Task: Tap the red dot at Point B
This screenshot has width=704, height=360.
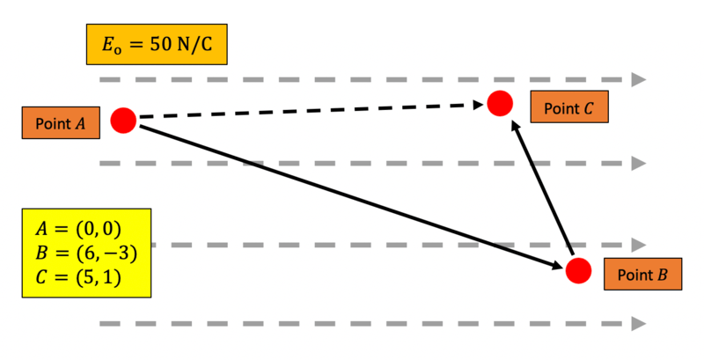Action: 578,270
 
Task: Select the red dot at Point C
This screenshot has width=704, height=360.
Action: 500,104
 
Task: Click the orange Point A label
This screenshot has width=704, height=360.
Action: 60,123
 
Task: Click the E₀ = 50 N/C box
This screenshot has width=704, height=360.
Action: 157,44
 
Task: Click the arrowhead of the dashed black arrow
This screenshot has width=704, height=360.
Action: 480,105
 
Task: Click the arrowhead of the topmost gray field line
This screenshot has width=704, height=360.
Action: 640,80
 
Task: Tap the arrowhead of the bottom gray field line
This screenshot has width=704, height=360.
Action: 640,324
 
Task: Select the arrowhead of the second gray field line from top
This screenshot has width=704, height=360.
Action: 640,163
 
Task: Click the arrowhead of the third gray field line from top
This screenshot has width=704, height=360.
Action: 640,245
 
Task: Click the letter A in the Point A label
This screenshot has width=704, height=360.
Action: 80,123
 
